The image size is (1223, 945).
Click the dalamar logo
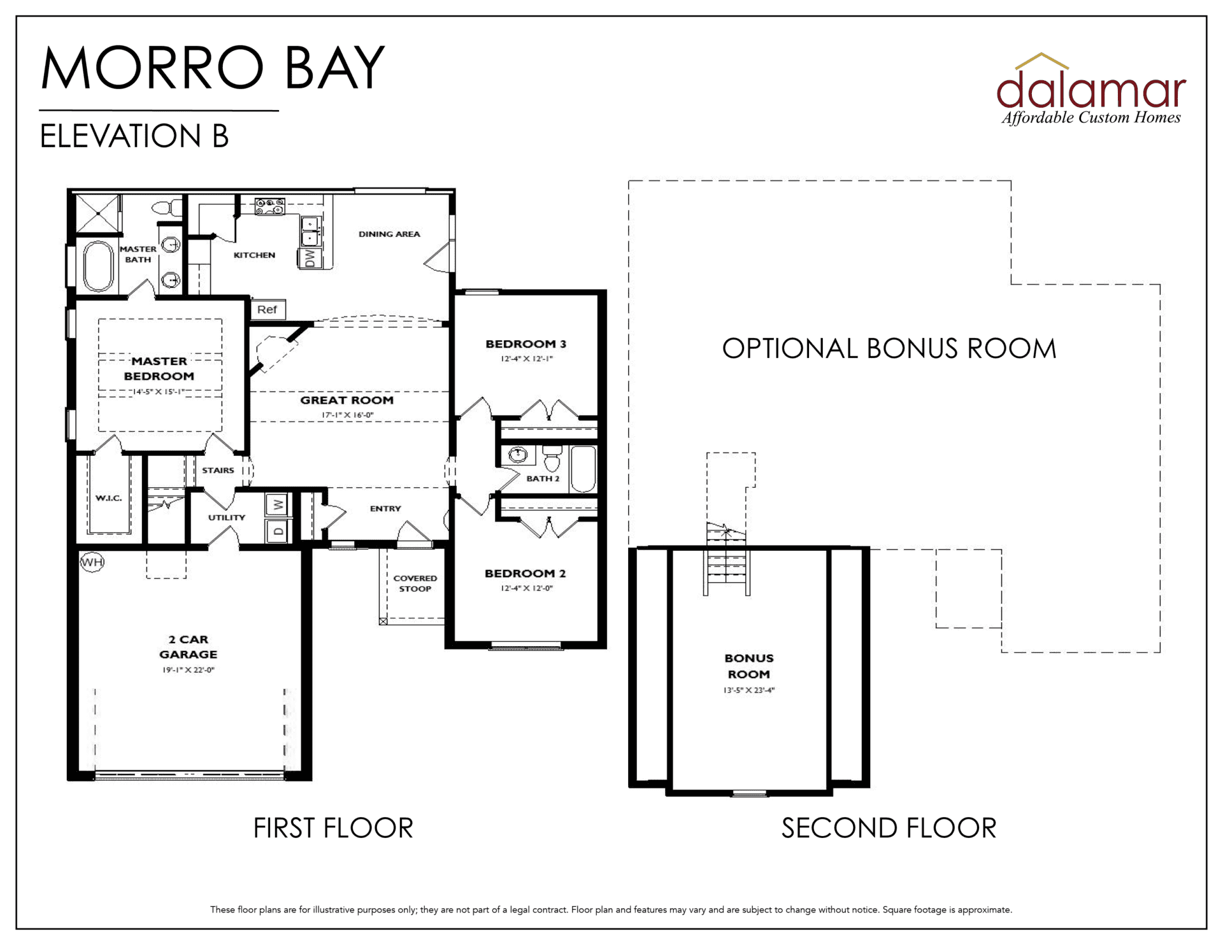pyautogui.click(x=1091, y=89)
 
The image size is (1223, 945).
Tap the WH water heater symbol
pyautogui.click(x=92, y=562)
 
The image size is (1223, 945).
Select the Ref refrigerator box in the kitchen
pyautogui.click(x=268, y=309)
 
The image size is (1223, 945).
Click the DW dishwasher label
pyautogui.click(x=310, y=258)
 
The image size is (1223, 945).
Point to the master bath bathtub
pyautogui.click(x=98, y=266)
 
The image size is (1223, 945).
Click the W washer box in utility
pyautogui.click(x=278, y=505)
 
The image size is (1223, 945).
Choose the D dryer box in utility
pyautogui.click(x=278, y=530)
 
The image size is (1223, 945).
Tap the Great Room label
pyautogui.click(x=347, y=400)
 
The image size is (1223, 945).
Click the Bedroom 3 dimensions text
pyautogui.click(x=527, y=359)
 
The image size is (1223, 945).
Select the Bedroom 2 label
pyautogui.click(x=526, y=573)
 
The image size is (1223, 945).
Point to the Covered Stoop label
pyautogui.click(x=415, y=583)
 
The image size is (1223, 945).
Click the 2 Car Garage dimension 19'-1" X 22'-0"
pyautogui.click(x=189, y=670)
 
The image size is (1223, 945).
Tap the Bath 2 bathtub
pyautogui.click(x=583, y=469)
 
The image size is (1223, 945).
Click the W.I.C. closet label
pyautogui.click(x=109, y=498)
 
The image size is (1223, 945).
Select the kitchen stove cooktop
pyautogui.click(x=269, y=206)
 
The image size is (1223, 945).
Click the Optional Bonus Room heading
pyautogui.click(x=889, y=348)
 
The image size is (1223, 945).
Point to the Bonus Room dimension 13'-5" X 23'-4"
pyautogui.click(x=749, y=690)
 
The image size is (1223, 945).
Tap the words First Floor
pyautogui.click(x=333, y=828)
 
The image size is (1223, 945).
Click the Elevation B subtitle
pyautogui.click(x=134, y=136)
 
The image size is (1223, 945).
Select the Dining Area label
pyautogui.click(x=389, y=234)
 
